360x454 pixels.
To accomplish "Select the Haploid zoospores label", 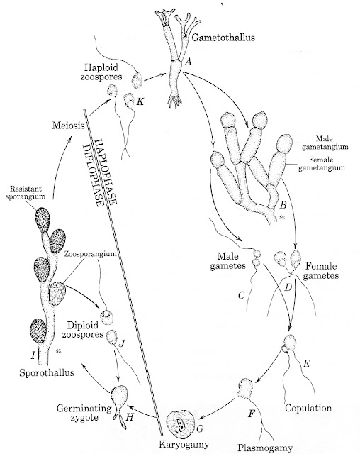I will (115, 70).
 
